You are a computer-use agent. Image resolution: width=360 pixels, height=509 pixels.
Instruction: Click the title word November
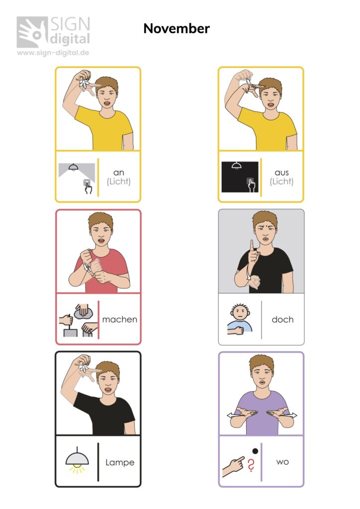point(177,28)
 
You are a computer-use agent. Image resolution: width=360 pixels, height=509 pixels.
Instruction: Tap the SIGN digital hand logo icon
point(32,32)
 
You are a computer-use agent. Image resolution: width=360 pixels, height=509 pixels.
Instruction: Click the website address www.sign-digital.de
point(53,53)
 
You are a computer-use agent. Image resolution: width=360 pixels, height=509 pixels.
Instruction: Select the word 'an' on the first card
point(118,172)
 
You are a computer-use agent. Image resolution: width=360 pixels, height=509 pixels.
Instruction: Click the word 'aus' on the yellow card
point(281,172)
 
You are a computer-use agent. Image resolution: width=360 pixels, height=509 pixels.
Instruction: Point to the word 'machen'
point(119,320)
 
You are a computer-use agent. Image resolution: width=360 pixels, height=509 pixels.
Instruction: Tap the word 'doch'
point(282,320)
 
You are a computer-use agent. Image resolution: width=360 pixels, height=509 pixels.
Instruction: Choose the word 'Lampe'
point(120,462)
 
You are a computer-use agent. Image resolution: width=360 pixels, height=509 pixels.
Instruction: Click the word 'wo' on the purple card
point(282,462)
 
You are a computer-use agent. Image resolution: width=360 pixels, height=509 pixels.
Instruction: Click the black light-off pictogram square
point(240,177)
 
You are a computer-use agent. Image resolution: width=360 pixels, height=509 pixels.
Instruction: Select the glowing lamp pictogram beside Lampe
point(77,460)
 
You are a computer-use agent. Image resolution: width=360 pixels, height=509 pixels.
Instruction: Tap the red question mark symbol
point(251,465)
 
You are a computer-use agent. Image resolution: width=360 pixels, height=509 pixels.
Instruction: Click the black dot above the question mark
point(255,451)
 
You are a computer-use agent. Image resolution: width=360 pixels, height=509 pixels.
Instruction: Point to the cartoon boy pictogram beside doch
point(240,320)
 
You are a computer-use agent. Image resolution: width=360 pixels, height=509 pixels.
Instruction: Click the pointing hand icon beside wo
point(233,466)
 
